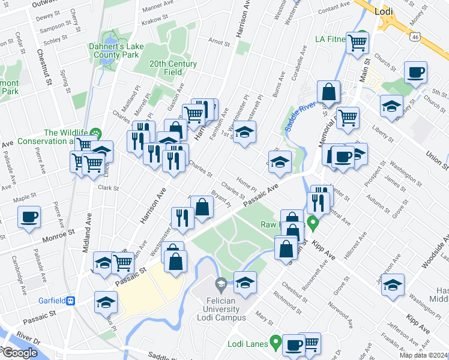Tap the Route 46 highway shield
pyautogui.click(x=415, y=37)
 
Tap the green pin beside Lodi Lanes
pyautogui.click(x=276, y=344)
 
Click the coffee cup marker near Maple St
pyautogui.click(x=29, y=217)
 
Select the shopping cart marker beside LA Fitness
pyautogui.click(x=358, y=43)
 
